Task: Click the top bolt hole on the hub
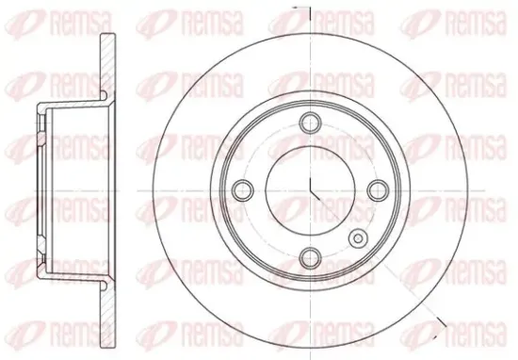click(x=310, y=123)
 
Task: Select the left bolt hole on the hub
click(x=243, y=190)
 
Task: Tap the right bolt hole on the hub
click(x=378, y=190)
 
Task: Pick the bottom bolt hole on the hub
click(x=310, y=257)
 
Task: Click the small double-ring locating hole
click(x=358, y=237)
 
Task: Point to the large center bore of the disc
click(x=310, y=190)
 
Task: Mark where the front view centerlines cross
click(x=310, y=190)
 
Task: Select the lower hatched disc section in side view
click(x=107, y=315)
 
